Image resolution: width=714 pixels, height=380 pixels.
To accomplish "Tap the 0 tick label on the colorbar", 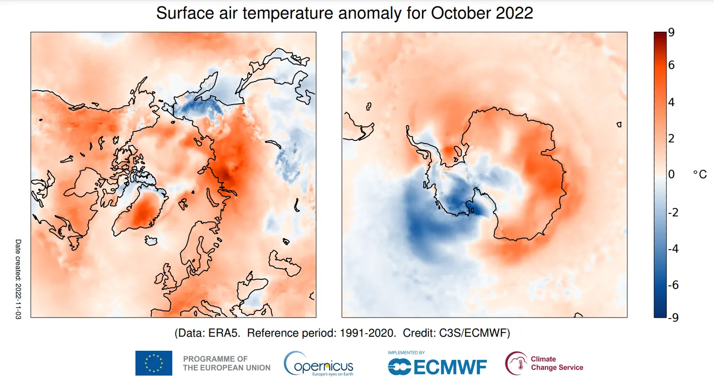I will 671,174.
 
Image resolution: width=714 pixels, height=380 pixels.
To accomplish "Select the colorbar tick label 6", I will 671,65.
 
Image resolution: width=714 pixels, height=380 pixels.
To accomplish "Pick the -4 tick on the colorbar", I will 673,249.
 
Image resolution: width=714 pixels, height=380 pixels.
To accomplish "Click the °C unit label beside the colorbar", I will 699,174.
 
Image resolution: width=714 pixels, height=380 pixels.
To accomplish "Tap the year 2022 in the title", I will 515,13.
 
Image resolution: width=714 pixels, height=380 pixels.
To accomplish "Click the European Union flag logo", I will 154,363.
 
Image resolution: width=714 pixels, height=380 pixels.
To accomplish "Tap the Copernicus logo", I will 319,363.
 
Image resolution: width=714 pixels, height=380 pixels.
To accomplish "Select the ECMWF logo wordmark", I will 438,367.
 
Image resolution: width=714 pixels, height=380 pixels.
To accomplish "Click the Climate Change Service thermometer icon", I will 516,363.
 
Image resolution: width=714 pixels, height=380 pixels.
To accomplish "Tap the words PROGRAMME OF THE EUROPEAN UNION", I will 226,363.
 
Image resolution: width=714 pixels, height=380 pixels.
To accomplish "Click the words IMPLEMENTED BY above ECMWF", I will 406,353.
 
